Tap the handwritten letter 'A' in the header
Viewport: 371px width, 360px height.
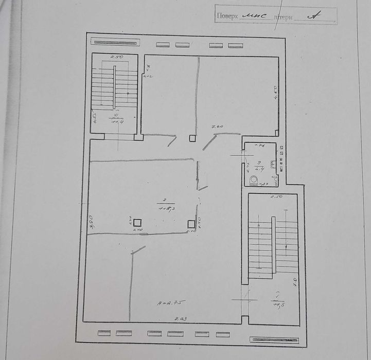point(311,15)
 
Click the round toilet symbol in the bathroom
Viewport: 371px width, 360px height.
point(253,179)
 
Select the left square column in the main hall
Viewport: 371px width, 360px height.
point(137,223)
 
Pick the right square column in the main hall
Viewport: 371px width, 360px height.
point(191,224)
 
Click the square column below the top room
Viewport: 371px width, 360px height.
point(192,138)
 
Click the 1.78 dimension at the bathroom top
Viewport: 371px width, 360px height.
point(260,147)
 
